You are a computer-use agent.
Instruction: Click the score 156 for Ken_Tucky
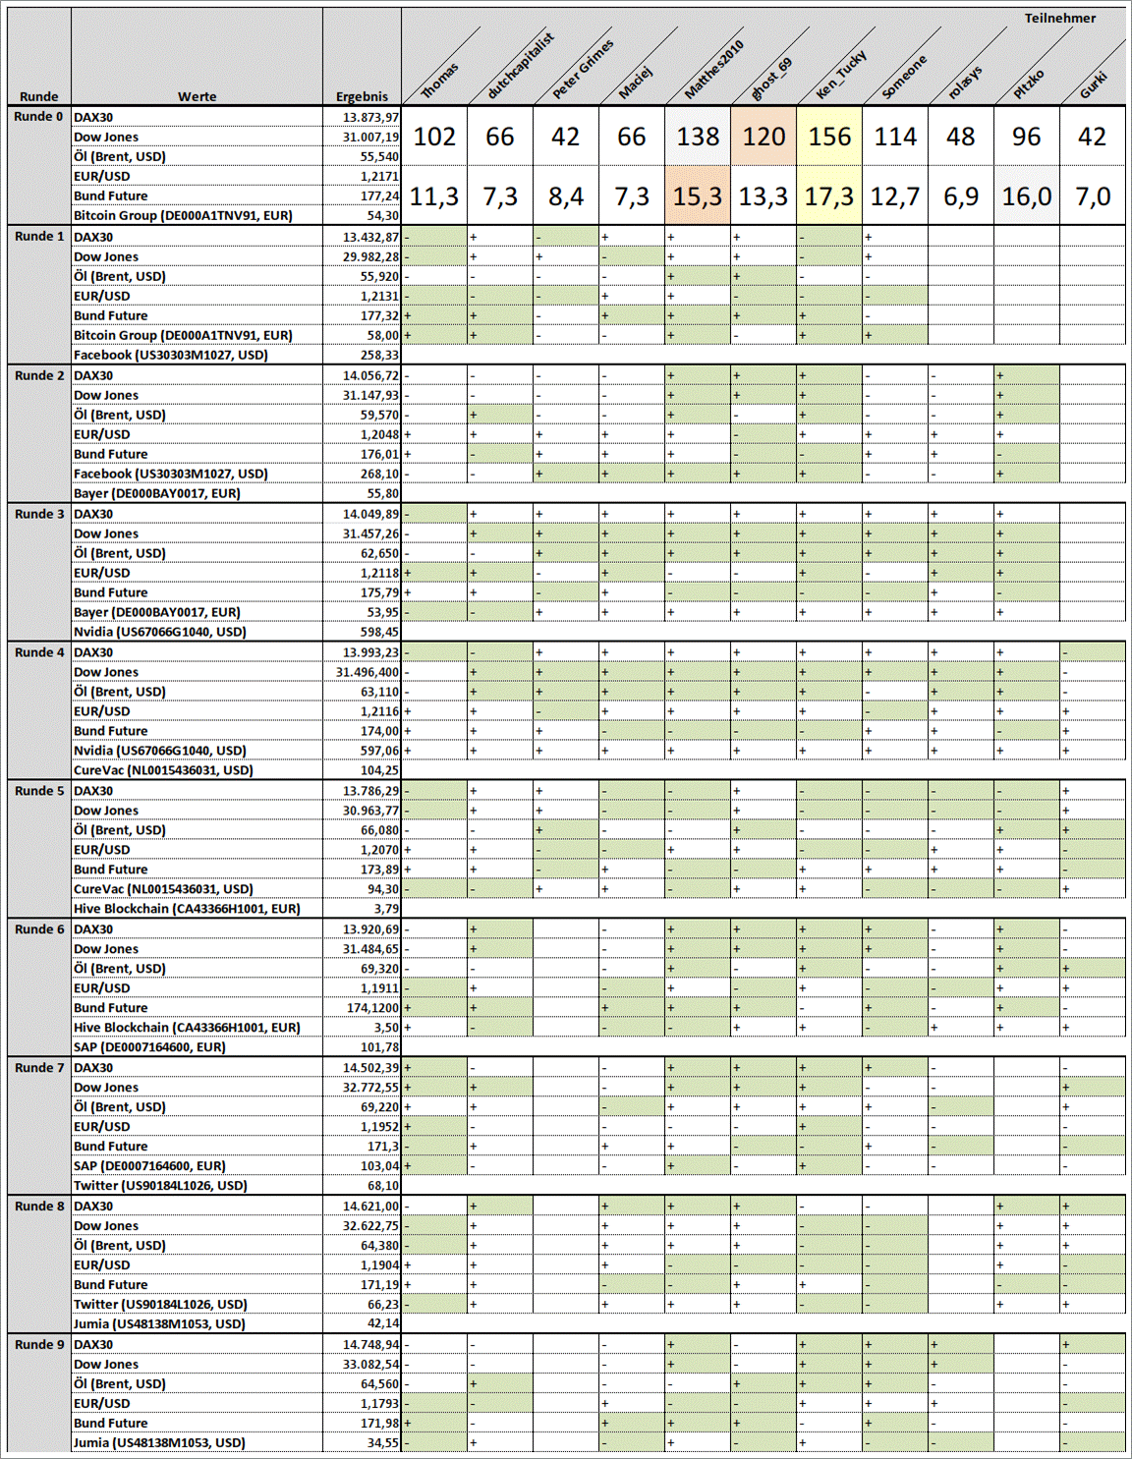pos(829,137)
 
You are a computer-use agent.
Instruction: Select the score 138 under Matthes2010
pos(698,137)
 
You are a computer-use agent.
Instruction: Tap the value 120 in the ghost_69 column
pos(764,137)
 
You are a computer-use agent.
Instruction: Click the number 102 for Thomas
pos(434,137)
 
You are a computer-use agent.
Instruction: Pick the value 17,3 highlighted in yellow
pos(829,196)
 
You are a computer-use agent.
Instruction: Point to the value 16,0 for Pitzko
pos(1026,196)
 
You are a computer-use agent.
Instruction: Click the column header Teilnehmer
pos(1059,18)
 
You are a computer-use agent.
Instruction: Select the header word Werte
pos(197,96)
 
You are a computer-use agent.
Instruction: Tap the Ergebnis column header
pos(362,96)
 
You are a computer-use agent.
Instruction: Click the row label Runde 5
pos(39,791)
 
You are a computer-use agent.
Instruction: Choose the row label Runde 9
pos(39,1344)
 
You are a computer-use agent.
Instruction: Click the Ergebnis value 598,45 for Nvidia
pos(379,632)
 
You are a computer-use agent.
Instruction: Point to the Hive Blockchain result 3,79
pos(386,909)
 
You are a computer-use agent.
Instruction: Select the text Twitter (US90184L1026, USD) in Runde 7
pos(160,1185)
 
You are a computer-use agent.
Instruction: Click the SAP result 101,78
pos(379,1047)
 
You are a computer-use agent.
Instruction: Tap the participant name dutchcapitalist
pos(521,67)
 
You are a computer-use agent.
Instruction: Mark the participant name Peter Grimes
pos(583,69)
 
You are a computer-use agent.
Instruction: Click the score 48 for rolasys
pos(960,137)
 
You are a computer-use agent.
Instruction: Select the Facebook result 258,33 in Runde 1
pos(379,355)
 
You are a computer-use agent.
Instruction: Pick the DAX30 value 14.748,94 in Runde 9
pos(371,1344)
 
